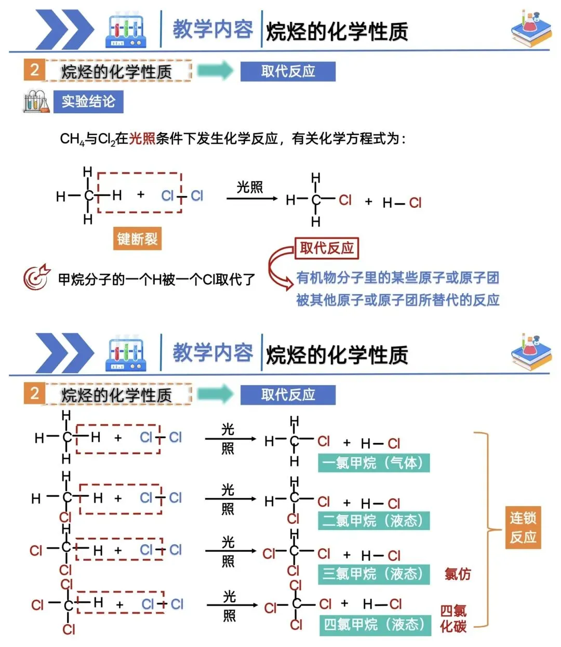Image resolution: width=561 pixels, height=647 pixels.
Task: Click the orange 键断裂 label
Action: [x=137, y=239]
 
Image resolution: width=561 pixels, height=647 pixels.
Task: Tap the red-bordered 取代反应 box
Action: [x=327, y=248]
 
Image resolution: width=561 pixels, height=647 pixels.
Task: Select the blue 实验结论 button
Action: [x=88, y=101]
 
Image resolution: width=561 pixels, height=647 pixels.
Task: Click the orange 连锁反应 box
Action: [x=523, y=527]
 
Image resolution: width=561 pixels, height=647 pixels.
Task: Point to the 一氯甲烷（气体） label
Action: [x=373, y=463]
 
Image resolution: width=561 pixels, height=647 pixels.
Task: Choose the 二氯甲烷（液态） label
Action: [x=373, y=520]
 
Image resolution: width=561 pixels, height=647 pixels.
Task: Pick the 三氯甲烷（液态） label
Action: [x=373, y=574]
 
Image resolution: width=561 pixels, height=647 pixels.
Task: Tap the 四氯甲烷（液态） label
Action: [x=375, y=625]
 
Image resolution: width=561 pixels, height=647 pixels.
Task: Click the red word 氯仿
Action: [x=458, y=574]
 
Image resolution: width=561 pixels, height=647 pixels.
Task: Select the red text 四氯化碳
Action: [x=453, y=618]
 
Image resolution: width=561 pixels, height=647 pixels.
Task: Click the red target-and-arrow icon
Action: [x=37, y=277]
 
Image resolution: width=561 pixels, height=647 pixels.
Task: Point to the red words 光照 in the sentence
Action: [x=142, y=139]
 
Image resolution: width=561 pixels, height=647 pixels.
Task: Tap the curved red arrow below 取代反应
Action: [x=279, y=268]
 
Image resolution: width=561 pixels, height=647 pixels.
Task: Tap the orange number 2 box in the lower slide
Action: [x=34, y=393]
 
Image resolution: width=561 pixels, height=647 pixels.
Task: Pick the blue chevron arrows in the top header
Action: [x=64, y=30]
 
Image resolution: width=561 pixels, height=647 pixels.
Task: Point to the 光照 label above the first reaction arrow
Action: [x=250, y=187]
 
